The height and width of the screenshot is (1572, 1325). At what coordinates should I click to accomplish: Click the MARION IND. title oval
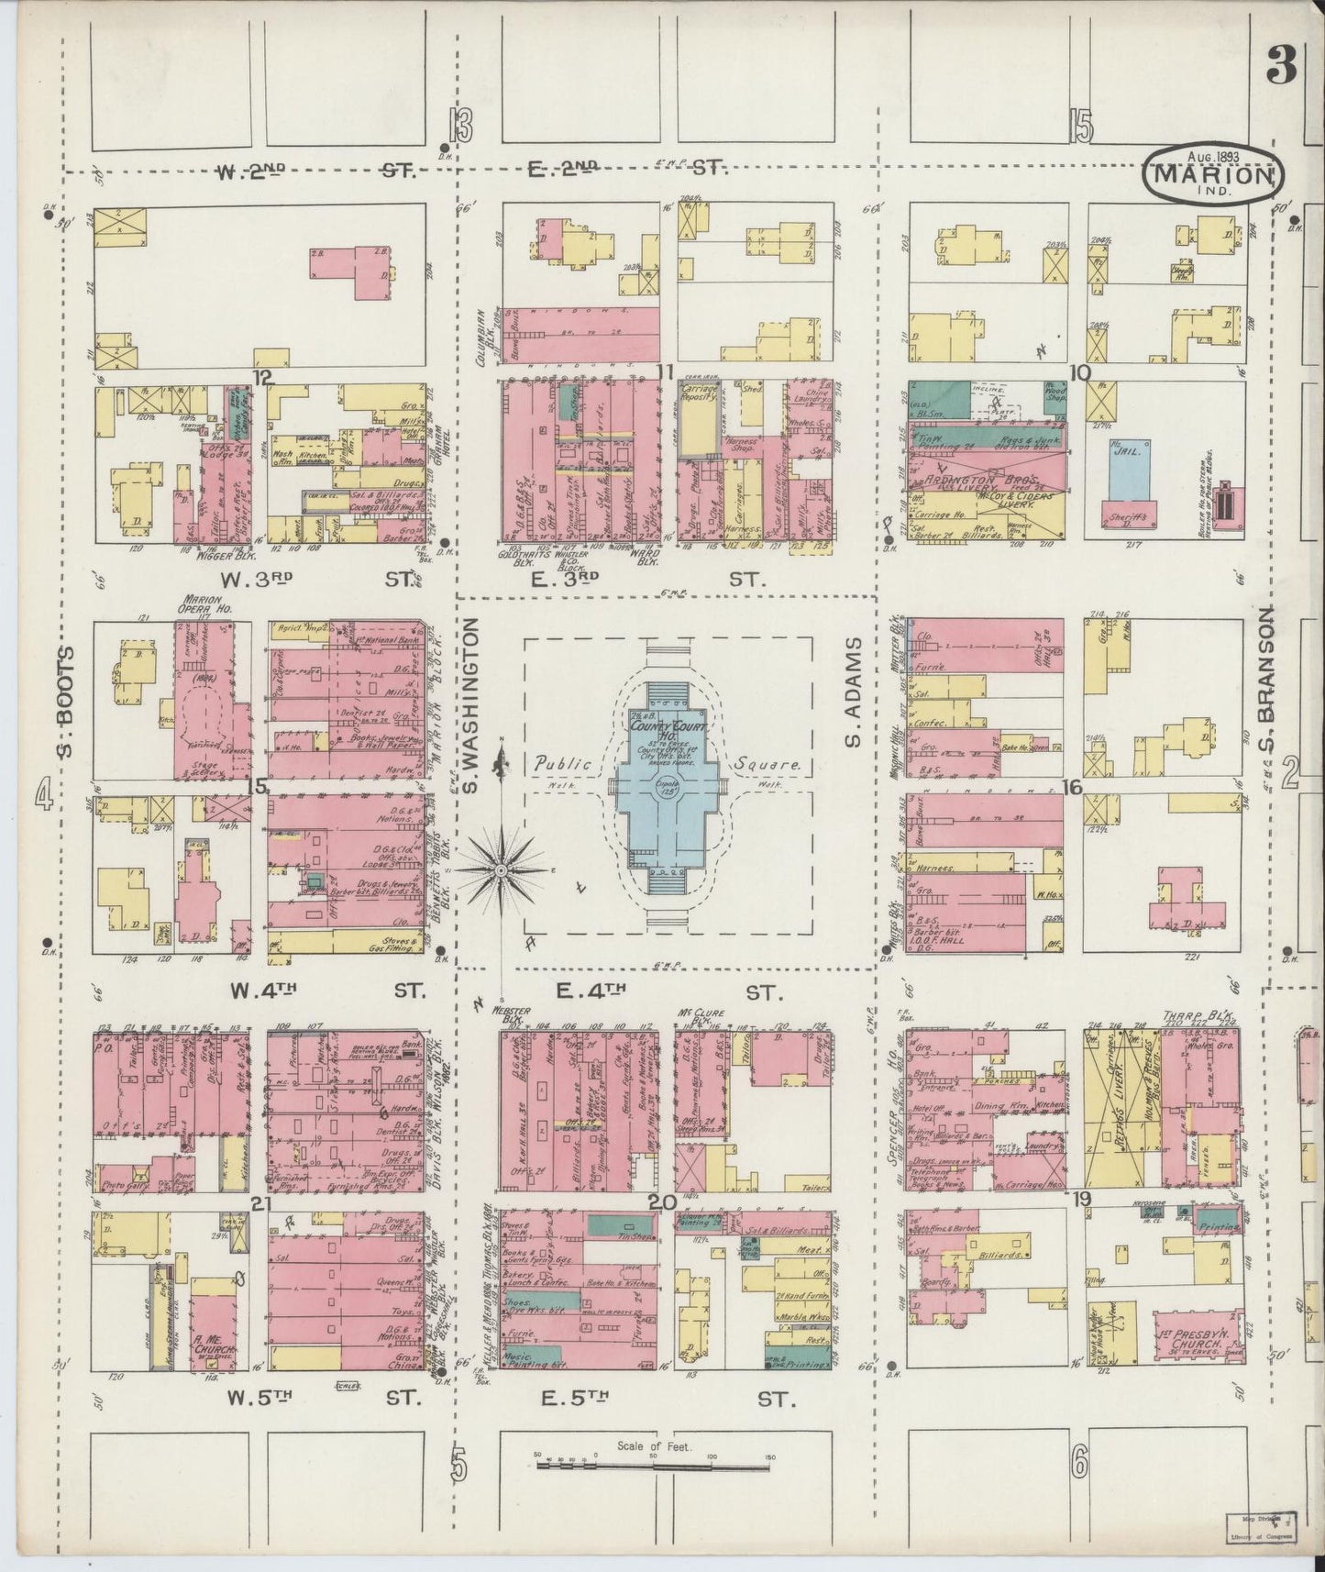click(x=1213, y=171)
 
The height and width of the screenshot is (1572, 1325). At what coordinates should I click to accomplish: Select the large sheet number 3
click(x=1282, y=66)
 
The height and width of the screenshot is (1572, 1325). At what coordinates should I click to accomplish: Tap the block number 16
click(x=1072, y=787)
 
